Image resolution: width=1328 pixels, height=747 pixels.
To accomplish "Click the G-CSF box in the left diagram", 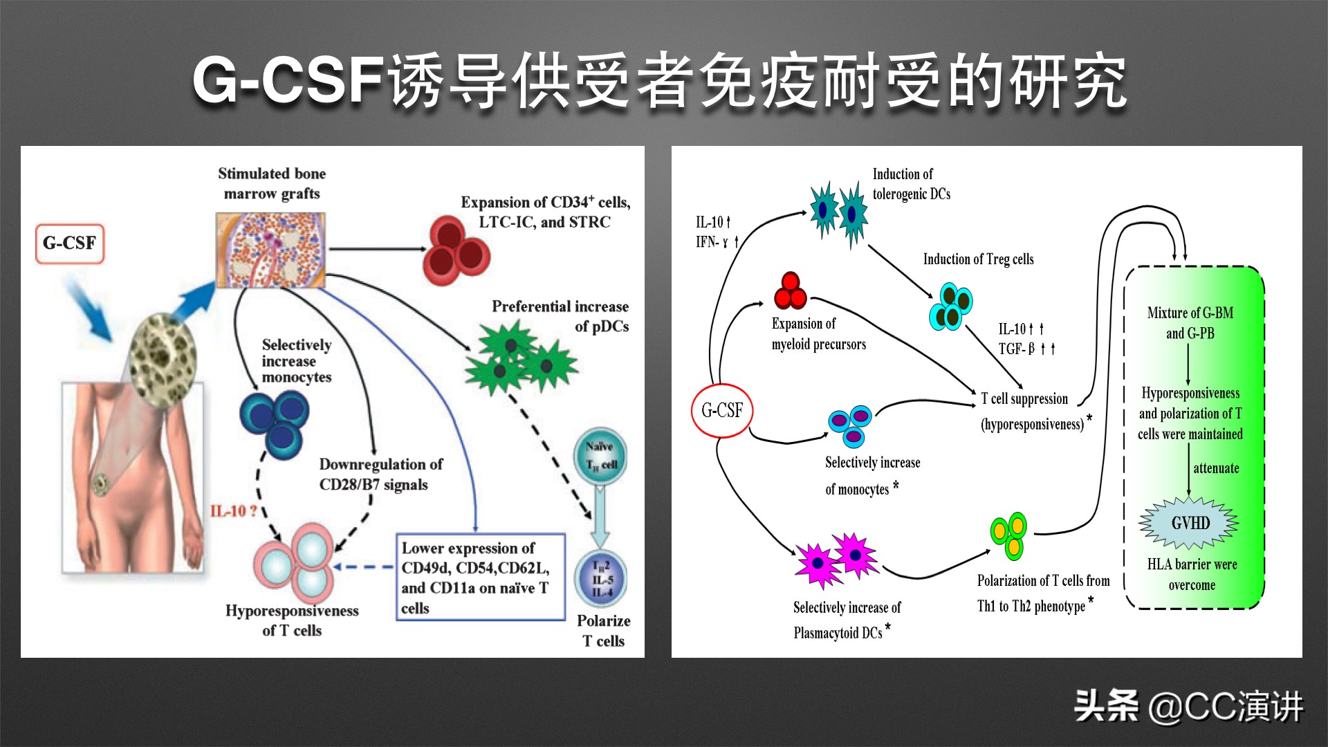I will (69, 243).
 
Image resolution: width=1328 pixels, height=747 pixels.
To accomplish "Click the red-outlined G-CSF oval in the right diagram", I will (722, 411).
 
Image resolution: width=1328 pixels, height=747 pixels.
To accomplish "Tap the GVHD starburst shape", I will (1190, 524).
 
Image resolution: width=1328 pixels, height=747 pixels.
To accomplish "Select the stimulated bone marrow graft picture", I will (270, 250).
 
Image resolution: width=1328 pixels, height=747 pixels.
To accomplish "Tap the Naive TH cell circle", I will (600, 455).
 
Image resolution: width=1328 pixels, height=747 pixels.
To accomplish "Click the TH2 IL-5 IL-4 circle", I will (601, 579).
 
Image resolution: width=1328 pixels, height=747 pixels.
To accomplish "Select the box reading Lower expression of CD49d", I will (480, 578).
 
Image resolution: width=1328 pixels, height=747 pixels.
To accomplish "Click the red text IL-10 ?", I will (233, 511).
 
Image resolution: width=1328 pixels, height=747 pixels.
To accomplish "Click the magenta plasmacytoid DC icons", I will (837, 560).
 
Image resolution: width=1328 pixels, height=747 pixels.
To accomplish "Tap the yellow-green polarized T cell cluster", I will (1009, 535).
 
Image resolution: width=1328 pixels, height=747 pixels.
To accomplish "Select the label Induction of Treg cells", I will (978, 259).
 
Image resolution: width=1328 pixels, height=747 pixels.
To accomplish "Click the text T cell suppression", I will (1024, 399).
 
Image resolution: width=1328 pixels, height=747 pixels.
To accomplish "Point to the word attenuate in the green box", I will (1215, 468).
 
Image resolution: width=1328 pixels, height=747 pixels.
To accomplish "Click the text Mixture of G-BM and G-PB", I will (1190, 323).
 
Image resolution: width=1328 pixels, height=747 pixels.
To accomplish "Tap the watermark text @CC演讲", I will (1225, 707).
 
